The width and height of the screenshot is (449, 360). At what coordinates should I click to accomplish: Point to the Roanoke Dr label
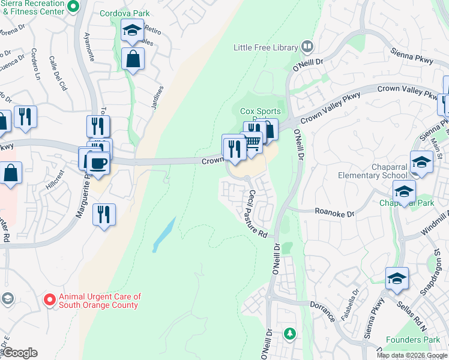pos(335,212)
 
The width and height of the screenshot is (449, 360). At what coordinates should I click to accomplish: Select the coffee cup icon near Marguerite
pos(97,163)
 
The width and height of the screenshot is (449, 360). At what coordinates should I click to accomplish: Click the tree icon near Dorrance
pos(289,332)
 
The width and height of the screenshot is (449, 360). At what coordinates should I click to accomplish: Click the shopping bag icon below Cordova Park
pos(133,59)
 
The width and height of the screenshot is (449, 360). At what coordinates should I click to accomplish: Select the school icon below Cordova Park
pos(131,31)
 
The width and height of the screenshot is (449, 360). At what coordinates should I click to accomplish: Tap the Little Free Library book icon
pos(308,46)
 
